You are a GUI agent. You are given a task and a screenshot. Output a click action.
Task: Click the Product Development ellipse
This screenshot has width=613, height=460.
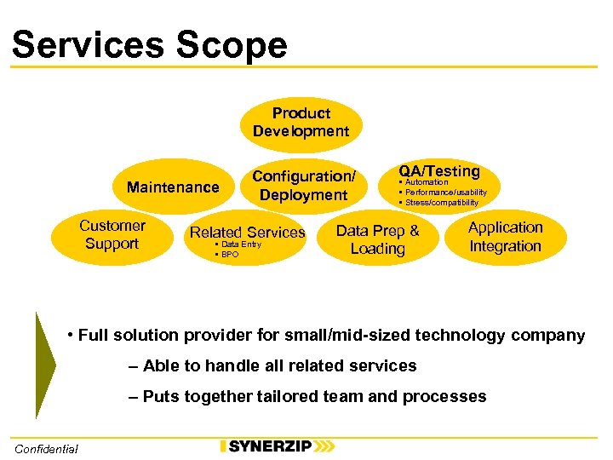point(301,123)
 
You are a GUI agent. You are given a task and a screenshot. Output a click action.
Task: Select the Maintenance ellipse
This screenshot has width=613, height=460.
point(173,187)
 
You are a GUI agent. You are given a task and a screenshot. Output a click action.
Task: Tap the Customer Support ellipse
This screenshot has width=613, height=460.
point(112,235)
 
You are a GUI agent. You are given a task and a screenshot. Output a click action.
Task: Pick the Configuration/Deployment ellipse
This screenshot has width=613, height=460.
point(303,185)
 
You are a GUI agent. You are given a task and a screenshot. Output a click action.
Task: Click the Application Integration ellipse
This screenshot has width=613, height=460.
point(505,237)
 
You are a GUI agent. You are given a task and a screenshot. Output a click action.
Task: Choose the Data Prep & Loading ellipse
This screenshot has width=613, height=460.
point(377,239)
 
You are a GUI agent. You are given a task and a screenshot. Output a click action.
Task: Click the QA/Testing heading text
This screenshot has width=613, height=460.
point(438,171)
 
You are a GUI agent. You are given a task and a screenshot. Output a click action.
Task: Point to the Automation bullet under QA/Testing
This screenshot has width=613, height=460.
point(427,182)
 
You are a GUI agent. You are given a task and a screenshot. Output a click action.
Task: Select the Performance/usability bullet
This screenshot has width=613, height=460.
point(445,193)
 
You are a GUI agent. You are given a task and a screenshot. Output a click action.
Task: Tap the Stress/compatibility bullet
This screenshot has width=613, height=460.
point(441,203)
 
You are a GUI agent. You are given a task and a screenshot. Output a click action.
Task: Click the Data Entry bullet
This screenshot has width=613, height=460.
point(241,244)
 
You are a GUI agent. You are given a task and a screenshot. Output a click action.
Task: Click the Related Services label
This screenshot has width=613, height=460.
point(247,232)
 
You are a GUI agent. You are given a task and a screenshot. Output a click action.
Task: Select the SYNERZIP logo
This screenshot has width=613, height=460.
point(277,446)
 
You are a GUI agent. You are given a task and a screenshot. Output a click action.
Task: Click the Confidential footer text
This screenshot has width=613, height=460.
point(46,449)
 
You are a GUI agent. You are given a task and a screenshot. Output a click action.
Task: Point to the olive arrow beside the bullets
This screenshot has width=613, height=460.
point(45,365)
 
